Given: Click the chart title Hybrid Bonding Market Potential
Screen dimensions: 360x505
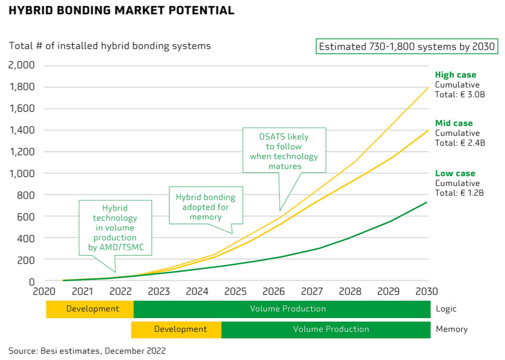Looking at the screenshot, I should pyautogui.click(x=122, y=10).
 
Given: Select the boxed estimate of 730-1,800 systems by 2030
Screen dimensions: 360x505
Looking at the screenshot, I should pyautogui.click(x=407, y=47).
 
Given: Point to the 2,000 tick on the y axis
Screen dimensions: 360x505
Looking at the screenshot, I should pyautogui.click(x=21, y=66).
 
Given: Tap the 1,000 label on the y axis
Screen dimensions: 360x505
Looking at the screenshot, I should pyautogui.click(x=21, y=173).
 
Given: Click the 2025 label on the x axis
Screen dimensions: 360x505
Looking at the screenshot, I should pyautogui.click(x=235, y=291).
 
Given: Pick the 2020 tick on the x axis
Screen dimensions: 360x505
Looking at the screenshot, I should pyautogui.click(x=45, y=291).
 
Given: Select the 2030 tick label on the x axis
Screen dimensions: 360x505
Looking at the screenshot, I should pyautogui.click(x=427, y=291).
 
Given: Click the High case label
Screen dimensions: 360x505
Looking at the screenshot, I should pyautogui.click(x=455, y=75).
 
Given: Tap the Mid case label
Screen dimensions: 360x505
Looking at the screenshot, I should pyautogui.click(x=454, y=123).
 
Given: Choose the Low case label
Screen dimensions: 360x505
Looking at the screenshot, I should pyautogui.click(x=455, y=173).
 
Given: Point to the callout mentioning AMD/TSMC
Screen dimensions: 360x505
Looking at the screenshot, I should pyautogui.click(x=115, y=228).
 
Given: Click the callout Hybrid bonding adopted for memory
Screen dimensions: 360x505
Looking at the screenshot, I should pyautogui.click(x=206, y=204).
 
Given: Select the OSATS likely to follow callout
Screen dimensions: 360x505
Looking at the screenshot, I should pyautogui.click(x=284, y=151).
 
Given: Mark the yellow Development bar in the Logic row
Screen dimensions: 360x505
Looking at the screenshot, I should pyautogui.click(x=90, y=309).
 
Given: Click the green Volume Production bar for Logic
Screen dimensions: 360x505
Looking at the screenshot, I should pyautogui.click(x=282, y=309).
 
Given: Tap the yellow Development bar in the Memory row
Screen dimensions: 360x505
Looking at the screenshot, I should pyautogui.click(x=176, y=329).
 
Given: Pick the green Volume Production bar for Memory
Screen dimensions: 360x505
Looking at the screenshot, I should pyautogui.click(x=326, y=329).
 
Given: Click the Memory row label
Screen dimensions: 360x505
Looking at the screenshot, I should pyautogui.click(x=451, y=329).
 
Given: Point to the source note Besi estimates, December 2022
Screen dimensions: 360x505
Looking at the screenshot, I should pyautogui.click(x=87, y=351).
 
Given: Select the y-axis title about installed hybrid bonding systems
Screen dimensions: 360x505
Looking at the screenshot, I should pyautogui.click(x=110, y=46).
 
